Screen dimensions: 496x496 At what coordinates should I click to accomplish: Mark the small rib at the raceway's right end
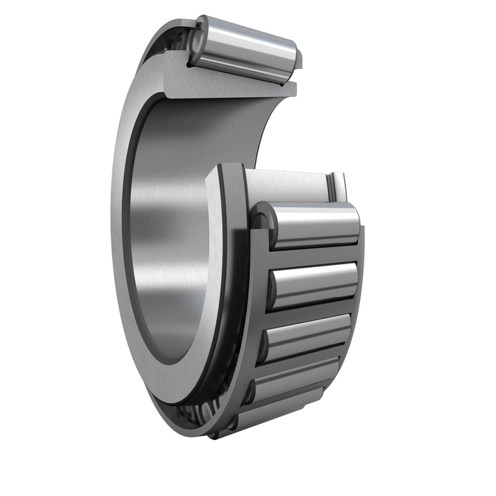pos(337,187)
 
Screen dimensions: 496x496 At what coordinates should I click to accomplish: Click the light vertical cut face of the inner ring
pos(216,283)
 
